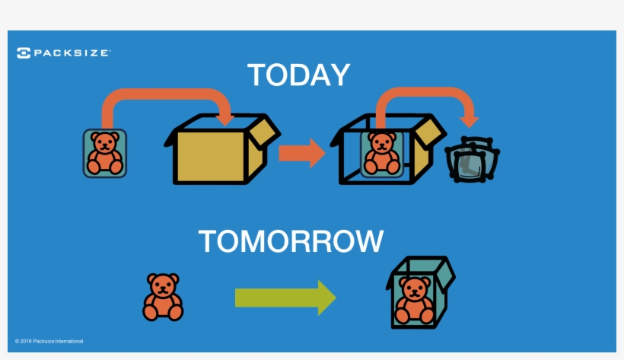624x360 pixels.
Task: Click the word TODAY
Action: tap(298, 75)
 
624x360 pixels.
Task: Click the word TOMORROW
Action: tap(291, 241)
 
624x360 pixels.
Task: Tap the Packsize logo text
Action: tap(72, 53)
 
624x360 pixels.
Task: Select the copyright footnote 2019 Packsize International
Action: tap(49, 341)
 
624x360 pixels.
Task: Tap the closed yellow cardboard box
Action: tap(209, 155)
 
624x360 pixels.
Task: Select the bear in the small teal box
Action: tap(415, 298)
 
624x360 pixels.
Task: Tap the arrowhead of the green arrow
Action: tap(326, 298)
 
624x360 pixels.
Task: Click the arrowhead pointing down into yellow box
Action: tap(224, 119)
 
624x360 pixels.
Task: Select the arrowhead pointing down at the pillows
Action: tap(470, 120)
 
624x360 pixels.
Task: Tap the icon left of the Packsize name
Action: tap(24, 53)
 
